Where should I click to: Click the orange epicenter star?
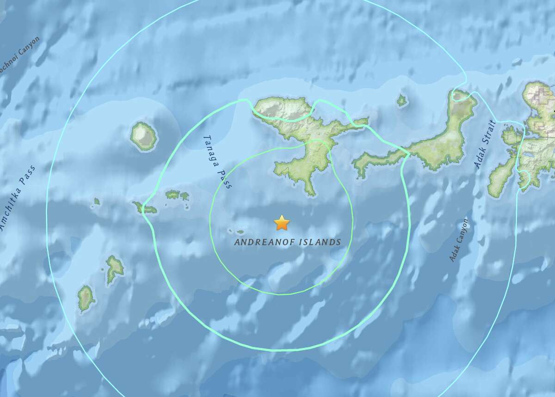282,223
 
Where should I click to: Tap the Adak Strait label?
485,144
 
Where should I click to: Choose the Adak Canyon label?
459,240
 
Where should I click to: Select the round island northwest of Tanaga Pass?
143,136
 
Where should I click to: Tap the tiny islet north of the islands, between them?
401,100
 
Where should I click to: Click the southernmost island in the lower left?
85,298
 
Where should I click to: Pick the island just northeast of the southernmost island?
114,269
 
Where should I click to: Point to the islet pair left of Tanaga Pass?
178,195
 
